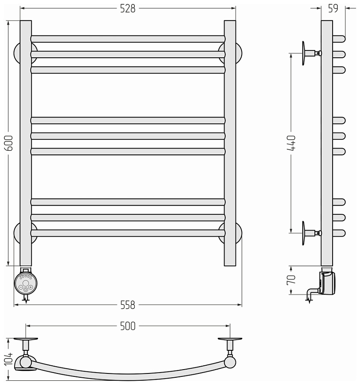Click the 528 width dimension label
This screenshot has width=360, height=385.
pyautogui.click(x=127, y=9)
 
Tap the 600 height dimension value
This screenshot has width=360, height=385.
pyautogui.click(x=9, y=143)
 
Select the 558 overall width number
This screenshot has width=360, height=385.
pyautogui.click(x=127, y=305)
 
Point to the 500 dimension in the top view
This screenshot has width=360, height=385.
pyautogui.click(x=127, y=326)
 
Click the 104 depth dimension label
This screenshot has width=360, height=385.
pyautogui.click(x=9, y=358)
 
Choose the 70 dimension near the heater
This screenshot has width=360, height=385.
pyautogui.click(x=291, y=280)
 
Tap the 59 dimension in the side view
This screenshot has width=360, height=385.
pyautogui.click(x=333, y=9)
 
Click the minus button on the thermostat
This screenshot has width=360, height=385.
pyautogui.click(x=21, y=287)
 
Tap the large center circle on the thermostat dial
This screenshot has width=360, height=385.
pyautogui.click(x=26, y=283)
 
